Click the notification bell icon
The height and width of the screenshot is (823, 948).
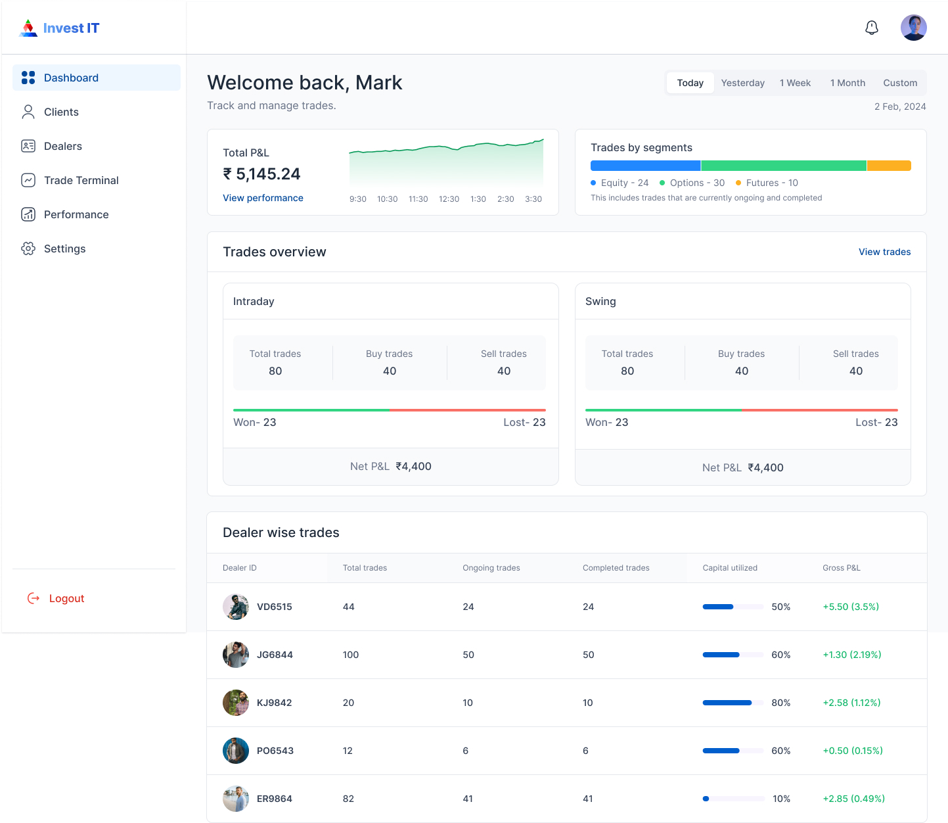tap(872, 28)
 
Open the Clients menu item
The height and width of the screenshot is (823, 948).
tap(61, 112)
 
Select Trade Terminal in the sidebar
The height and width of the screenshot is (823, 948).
tap(81, 180)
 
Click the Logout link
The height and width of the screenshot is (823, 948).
tap(66, 598)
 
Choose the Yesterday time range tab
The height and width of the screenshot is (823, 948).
tap(742, 83)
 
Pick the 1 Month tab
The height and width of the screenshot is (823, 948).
tap(847, 83)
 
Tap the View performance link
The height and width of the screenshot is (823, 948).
tap(263, 198)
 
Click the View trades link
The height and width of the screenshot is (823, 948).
tap(884, 252)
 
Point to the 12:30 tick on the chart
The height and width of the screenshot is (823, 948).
tap(449, 199)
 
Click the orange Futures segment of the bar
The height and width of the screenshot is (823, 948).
tap(889, 166)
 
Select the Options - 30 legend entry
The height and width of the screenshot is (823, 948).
tap(692, 183)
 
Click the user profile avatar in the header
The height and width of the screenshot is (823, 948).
tap(913, 28)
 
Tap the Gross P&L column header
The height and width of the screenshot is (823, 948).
tap(841, 568)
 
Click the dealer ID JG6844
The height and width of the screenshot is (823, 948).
tap(275, 655)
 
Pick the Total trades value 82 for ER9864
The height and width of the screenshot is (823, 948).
tap(348, 799)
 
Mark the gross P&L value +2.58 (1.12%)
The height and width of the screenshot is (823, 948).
tap(851, 703)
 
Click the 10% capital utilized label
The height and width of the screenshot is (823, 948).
tap(781, 799)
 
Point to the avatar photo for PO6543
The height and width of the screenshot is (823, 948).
tap(236, 751)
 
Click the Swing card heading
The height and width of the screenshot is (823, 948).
tap(600, 301)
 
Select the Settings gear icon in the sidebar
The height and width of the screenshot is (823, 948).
tap(28, 248)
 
